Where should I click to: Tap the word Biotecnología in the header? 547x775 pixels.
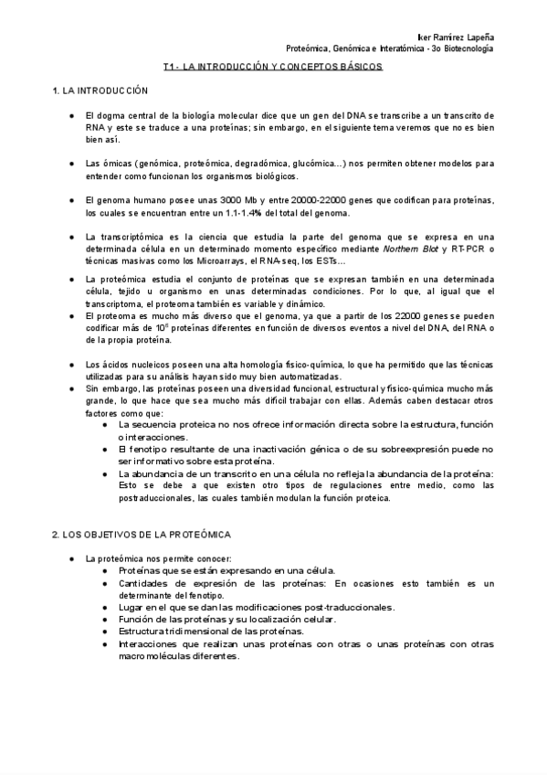(468, 47)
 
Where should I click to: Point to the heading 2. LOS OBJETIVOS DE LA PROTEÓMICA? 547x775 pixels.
(141, 534)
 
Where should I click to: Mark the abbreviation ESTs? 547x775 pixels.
(323, 261)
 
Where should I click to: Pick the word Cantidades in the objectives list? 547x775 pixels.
(142, 583)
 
